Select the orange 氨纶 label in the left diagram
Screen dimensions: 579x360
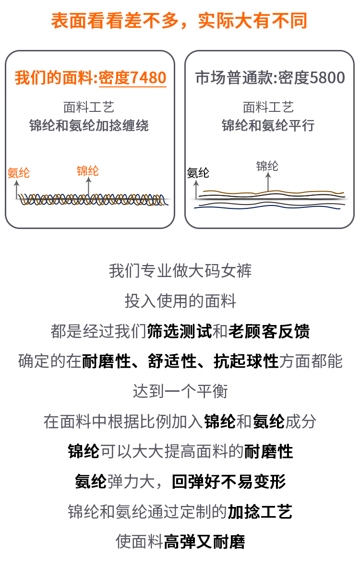point(19,173)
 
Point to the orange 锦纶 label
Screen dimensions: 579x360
point(88,170)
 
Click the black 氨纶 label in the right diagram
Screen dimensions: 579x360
point(198,173)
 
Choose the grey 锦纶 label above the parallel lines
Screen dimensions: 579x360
point(267,166)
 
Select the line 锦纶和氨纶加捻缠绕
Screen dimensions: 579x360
point(89,126)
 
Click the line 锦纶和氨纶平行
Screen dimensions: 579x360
point(268,126)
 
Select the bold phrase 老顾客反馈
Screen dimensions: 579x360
point(269,331)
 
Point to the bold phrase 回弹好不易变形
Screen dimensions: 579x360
point(229,482)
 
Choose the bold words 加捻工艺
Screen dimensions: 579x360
point(260,512)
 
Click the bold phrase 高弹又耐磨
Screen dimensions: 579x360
point(204,542)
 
